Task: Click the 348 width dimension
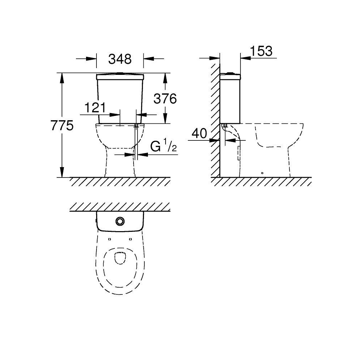(120, 59)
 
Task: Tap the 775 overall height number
(62, 126)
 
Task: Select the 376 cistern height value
(165, 99)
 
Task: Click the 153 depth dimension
(261, 51)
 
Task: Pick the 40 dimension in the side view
(199, 134)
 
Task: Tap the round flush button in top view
(120, 221)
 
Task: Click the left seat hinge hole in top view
(109, 239)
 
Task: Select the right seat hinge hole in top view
(130, 239)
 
